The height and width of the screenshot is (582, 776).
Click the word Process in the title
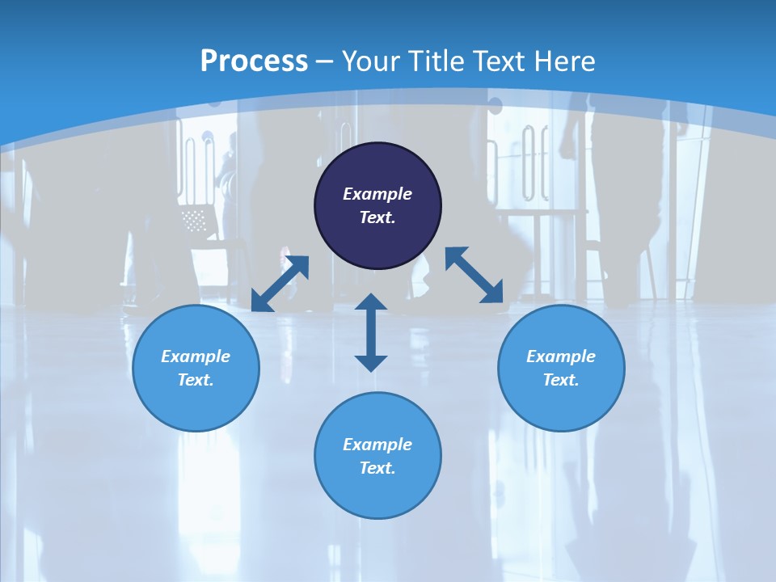tap(254, 61)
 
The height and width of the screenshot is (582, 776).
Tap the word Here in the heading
tap(564, 61)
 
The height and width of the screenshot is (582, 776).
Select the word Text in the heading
tap(499, 61)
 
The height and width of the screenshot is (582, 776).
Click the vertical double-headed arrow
tap(371, 332)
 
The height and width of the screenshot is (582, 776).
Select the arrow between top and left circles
tap(280, 284)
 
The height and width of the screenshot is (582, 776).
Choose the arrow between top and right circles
tap(474, 275)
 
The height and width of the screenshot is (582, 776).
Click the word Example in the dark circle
tap(377, 194)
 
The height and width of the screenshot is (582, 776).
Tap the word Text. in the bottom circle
tap(377, 468)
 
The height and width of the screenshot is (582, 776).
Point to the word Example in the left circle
tap(196, 356)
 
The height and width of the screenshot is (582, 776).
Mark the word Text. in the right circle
tap(561, 380)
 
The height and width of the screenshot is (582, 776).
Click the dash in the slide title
tap(325, 61)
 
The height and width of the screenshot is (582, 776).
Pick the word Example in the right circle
tap(561, 356)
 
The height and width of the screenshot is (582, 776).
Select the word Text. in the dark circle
tap(377, 217)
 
